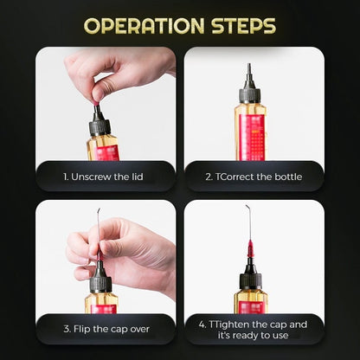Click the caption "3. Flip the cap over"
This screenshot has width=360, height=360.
(x=105, y=328)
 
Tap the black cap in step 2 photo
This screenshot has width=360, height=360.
(x=251, y=93)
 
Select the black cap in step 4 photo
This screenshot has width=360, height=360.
(x=251, y=276)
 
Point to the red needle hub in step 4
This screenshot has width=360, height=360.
(x=251, y=251)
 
